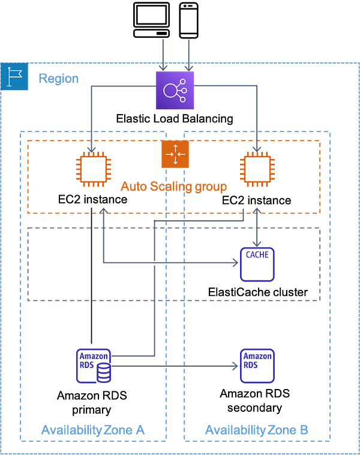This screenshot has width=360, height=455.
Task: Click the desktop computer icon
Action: point(151,20)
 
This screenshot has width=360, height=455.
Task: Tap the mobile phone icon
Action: point(188,20)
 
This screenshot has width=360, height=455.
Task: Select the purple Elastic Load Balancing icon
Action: point(175,90)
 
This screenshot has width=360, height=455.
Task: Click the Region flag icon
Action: point(14,77)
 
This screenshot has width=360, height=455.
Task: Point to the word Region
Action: point(59,79)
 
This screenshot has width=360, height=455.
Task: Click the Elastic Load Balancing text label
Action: point(175,119)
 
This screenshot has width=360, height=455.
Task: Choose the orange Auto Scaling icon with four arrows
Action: point(175,154)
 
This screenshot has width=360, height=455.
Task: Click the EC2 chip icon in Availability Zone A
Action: point(94,169)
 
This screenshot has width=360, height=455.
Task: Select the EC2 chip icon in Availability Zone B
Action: point(257,169)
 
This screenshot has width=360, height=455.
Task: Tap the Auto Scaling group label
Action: point(174,186)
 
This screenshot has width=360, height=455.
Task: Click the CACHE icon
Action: point(257,264)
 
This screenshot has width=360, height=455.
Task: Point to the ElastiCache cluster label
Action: point(258,292)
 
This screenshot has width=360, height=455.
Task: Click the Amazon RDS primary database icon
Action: point(94,366)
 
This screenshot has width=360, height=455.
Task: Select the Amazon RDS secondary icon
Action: point(257,366)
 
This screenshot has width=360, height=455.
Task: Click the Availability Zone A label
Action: point(93,430)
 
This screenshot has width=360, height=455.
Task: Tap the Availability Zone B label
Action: point(257,430)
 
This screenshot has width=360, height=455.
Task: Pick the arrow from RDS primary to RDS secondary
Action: point(175,366)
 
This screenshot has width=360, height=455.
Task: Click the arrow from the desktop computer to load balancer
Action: point(163,55)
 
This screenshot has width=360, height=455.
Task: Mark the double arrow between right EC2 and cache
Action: point(257,227)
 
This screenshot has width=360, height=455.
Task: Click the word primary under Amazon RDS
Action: point(91,411)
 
